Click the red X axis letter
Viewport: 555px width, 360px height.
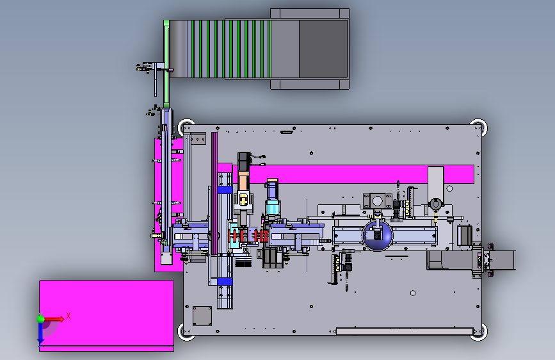68,316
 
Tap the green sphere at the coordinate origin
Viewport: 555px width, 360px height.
41,319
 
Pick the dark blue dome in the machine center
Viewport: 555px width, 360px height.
377,236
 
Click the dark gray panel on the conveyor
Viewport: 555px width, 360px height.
323,49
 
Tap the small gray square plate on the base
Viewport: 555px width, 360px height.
202,316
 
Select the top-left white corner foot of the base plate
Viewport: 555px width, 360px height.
186,127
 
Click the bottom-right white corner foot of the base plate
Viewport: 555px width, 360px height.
479,332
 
